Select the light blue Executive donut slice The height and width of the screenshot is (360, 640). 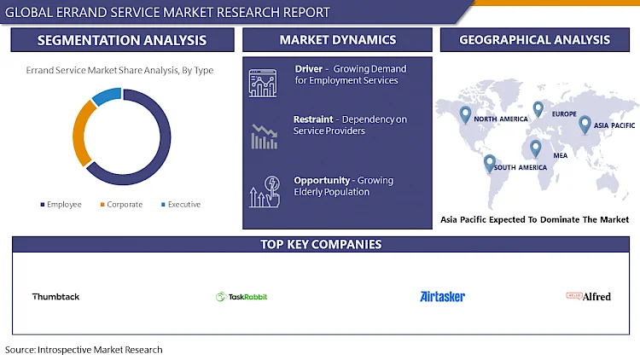pyautogui.click(x=107, y=96)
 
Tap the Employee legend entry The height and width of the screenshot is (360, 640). pyautogui.click(x=61, y=204)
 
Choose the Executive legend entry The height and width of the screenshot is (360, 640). pyautogui.click(x=181, y=204)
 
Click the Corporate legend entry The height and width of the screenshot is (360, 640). pyautogui.click(x=121, y=204)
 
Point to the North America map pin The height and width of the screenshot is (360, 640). pyautogui.click(x=465, y=114)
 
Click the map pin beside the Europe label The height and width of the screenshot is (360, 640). pyautogui.click(x=538, y=109)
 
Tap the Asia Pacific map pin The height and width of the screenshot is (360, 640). pyautogui.click(x=585, y=125)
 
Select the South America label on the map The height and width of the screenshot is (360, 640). pyautogui.click(x=521, y=167)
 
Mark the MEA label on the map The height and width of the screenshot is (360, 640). pyautogui.click(x=561, y=155)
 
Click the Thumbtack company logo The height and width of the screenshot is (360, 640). pyautogui.click(x=56, y=297)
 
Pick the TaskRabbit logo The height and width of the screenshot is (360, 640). pyautogui.click(x=241, y=297)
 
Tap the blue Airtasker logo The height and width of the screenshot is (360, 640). pyautogui.click(x=442, y=297)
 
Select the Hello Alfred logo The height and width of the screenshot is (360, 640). pyautogui.click(x=589, y=296)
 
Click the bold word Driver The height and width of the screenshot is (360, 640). pyautogui.click(x=309, y=69)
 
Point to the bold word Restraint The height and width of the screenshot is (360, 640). pyautogui.click(x=313, y=119)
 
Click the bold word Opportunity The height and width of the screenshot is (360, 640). pyautogui.click(x=322, y=180)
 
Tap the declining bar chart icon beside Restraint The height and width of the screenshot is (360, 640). pyautogui.click(x=264, y=136)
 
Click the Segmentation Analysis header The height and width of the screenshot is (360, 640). pyautogui.click(x=122, y=40)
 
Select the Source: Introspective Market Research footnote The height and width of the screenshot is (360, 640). pyautogui.click(x=84, y=350)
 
